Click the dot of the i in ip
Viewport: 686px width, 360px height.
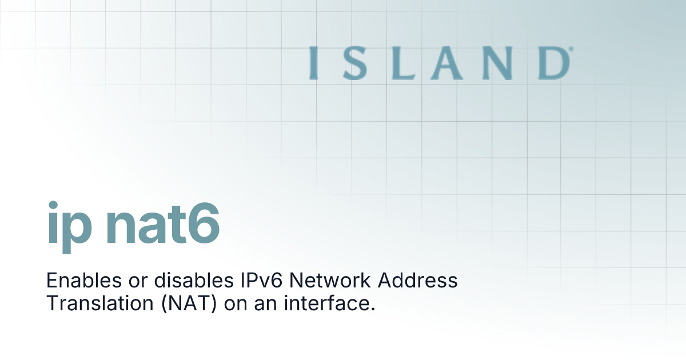click(x=53, y=205)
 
